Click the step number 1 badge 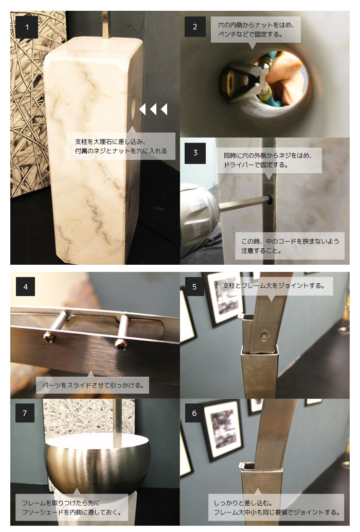(27, 27)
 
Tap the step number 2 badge (195, 27)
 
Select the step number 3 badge (195, 153)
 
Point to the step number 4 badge (26, 287)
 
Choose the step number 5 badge (194, 287)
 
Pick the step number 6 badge (194, 413)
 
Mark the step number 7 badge (25, 413)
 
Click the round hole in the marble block (133, 107)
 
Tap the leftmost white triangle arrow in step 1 (142, 109)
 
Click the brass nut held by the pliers (228, 81)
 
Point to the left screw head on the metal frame (48, 337)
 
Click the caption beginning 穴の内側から (256, 29)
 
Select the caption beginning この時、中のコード (290, 246)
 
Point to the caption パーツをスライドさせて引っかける (93, 385)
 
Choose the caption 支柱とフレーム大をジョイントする (274, 286)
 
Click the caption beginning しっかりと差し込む (276, 507)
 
